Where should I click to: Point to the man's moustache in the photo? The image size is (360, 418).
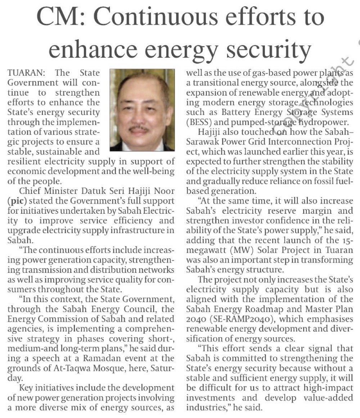coord(139,129)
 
